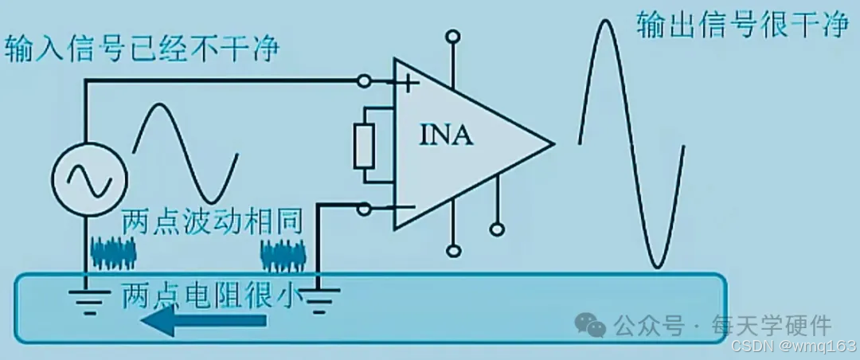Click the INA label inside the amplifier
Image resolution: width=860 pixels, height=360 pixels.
click(x=446, y=136)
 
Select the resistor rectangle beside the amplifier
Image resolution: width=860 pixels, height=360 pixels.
click(x=365, y=147)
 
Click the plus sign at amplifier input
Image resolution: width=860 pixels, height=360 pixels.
click(x=408, y=82)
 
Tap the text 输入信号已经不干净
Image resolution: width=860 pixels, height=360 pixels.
click(x=143, y=49)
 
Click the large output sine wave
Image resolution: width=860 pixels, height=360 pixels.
click(x=631, y=143)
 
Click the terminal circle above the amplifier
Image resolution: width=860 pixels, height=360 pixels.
click(x=453, y=36)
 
